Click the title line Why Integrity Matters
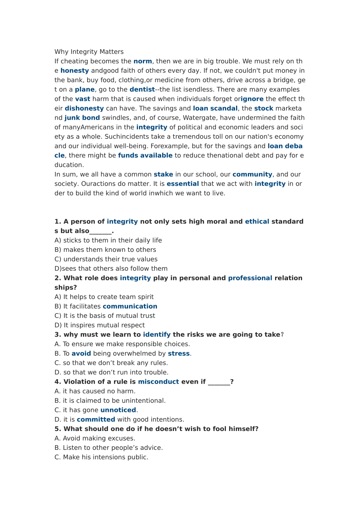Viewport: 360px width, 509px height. pos(89,52)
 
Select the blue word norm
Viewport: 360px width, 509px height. pos(142,61)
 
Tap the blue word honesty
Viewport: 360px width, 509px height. pos(75,71)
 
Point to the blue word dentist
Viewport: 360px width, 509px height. pos(142,90)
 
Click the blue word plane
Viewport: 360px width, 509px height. pos(85,90)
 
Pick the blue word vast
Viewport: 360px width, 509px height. pos(83,99)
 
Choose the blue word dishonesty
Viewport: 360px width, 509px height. pos(84,109)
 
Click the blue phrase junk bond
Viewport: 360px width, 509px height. pos(82,118)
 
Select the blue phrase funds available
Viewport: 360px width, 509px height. pos(145,156)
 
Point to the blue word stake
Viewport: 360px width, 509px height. pos(163,175)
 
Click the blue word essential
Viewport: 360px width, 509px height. pos(183,184)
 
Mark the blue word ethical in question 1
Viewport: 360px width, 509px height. pos(257,222)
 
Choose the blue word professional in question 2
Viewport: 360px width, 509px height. pos(250,278)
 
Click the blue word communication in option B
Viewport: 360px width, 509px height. pos(130,306)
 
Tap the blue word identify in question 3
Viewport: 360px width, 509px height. pos(157,335)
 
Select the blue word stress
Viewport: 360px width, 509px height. pos(178,354)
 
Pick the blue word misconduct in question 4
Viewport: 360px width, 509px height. pos(158,382)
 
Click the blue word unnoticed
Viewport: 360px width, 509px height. pos(118,410)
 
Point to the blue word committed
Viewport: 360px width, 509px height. pos(96,420)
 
